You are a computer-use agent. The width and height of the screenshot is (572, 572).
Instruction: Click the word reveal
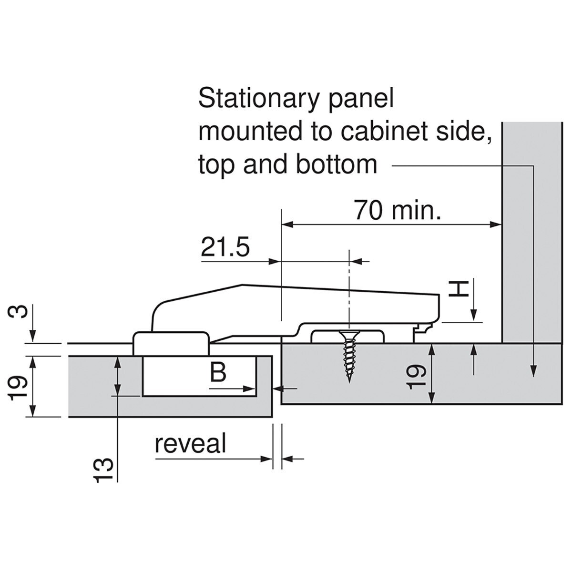190,444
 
